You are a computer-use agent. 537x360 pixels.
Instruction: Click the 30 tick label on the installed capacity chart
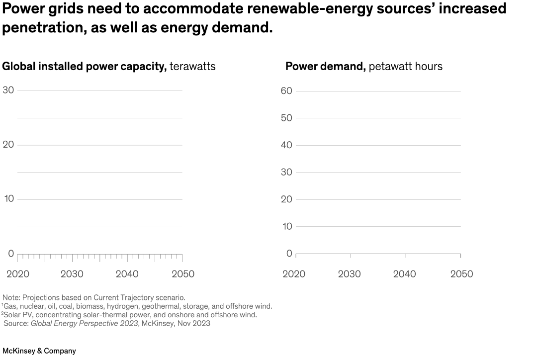8,90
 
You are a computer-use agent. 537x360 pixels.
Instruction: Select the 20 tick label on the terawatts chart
8,145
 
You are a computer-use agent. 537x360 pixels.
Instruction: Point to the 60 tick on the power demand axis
286,90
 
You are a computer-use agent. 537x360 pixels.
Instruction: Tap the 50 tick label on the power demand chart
286,118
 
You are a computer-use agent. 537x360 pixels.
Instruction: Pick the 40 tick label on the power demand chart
286,145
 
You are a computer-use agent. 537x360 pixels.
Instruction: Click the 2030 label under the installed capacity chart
72,274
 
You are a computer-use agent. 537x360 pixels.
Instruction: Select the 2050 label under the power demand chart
461,274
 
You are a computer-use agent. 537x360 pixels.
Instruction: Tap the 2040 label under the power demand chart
404,274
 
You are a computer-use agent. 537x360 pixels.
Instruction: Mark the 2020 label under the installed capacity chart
17,274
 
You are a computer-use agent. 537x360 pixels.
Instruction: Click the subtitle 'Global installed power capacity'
85,66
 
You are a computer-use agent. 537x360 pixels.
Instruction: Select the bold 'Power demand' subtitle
325,66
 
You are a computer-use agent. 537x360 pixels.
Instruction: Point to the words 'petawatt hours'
405,66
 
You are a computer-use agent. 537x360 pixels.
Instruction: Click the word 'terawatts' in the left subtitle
192,66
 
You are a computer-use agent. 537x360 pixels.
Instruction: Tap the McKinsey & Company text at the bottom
39,351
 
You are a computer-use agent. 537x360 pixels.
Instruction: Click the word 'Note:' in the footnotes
11,297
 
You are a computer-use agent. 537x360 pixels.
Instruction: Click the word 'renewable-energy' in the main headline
285,8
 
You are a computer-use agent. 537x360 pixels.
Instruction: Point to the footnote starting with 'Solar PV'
130,315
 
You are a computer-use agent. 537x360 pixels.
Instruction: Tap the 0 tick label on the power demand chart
289,254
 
